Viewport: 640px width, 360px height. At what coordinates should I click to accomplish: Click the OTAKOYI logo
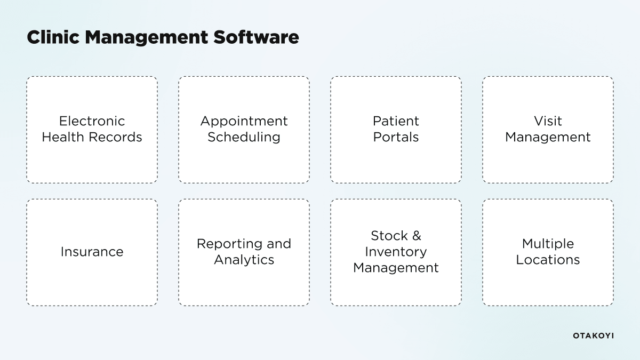593,335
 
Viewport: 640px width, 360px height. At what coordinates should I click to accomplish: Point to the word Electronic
92,121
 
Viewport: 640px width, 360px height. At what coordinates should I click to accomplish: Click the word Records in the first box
116,137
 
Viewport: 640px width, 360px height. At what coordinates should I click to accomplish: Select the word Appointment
244,121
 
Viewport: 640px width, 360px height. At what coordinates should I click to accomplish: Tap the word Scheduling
244,137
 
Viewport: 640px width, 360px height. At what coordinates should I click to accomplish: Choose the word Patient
396,121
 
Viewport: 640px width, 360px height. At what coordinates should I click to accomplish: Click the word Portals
396,137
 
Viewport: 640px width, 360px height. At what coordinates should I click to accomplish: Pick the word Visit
548,121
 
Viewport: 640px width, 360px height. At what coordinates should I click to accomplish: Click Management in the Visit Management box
548,137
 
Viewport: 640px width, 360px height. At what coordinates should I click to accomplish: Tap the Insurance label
92,252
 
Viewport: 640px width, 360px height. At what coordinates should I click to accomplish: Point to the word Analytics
244,260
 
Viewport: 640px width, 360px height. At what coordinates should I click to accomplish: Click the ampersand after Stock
417,236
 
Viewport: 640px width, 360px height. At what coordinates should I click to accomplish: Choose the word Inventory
396,252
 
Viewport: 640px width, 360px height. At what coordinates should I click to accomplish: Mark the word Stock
389,236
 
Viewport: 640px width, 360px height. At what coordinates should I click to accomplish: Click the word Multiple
548,244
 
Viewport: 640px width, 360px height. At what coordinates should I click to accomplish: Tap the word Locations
548,260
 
